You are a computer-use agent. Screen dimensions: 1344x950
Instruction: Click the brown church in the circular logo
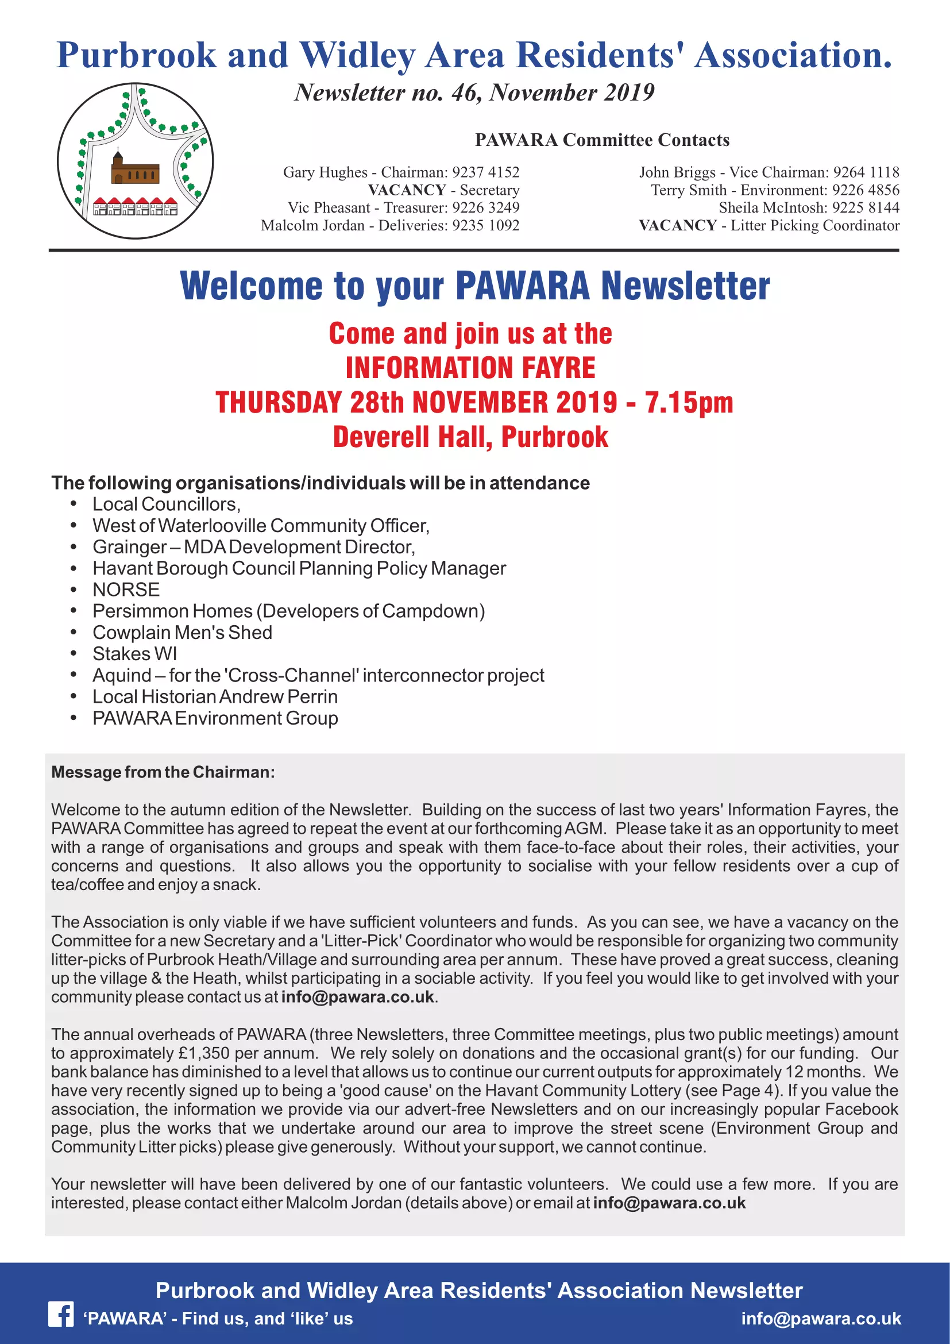[134, 169]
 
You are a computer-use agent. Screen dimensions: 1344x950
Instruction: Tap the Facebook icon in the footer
[61, 1315]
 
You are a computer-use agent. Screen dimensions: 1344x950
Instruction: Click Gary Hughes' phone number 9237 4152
[485, 172]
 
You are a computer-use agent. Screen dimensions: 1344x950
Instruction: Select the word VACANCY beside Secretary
[407, 190]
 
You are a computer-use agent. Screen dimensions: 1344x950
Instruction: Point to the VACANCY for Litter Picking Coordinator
[677, 225]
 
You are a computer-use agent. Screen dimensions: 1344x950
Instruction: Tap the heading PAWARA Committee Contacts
[602, 140]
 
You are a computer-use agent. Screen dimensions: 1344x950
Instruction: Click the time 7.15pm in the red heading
[689, 403]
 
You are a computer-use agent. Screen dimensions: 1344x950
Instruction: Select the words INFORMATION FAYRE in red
[470, 368]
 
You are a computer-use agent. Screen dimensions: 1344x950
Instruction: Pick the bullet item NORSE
[126, 590]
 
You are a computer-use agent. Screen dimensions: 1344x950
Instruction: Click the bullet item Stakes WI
[134, 654]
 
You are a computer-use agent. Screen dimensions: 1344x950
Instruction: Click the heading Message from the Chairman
[163, 772]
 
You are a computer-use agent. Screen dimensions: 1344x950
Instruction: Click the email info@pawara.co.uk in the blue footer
[821, 1318]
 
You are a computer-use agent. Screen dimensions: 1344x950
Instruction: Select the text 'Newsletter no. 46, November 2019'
[474, 93]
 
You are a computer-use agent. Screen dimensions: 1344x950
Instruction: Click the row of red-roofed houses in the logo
[135, 207]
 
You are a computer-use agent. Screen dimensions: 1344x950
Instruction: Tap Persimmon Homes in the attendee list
[172, 611]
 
